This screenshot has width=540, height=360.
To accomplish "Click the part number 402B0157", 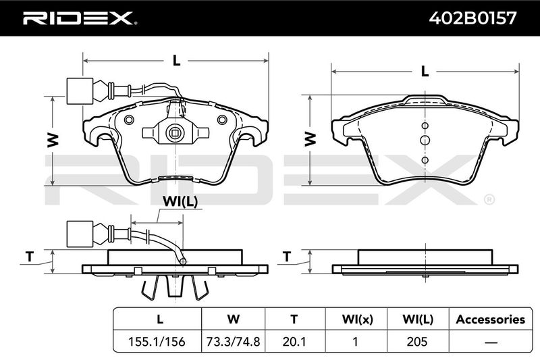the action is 473,18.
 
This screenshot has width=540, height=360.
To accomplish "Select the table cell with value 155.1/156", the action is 157,342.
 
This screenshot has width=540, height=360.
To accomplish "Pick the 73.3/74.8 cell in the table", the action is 233,342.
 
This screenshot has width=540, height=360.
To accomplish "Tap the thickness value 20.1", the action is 294,342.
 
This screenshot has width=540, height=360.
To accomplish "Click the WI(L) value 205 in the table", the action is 417,342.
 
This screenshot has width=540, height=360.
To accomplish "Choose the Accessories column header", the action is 491,319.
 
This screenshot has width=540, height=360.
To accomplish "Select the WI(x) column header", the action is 357,319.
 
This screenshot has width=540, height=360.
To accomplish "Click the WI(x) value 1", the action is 355,342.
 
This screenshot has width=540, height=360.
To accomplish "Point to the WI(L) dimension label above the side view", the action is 180,201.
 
